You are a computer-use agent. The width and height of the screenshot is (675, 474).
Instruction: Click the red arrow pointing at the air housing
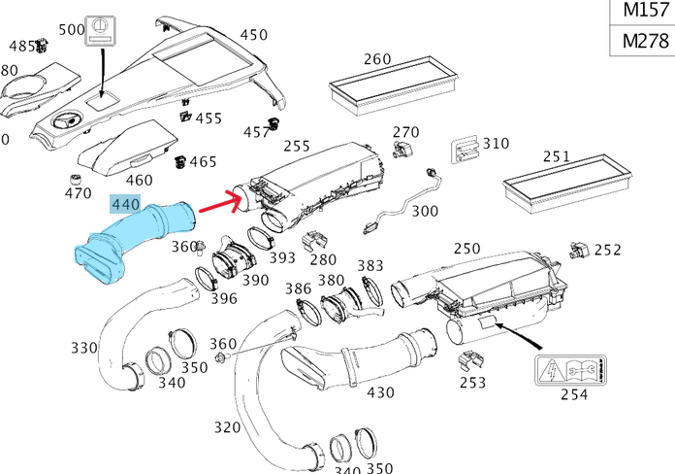point(219,203)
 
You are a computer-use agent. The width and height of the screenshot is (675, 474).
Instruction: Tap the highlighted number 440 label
point(125,204)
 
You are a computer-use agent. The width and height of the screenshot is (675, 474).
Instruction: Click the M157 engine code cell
point(645,11)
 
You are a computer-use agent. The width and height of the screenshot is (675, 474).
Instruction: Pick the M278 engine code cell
point(645,41)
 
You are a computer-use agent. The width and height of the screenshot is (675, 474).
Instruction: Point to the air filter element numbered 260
point(393,85)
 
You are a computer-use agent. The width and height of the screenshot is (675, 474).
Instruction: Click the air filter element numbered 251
point(567,184)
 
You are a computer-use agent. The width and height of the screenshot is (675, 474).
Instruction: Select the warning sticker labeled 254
point(570,370)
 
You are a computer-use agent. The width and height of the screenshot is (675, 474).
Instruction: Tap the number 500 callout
point(72,30)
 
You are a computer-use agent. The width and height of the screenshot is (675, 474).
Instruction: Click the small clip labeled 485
point(42,45)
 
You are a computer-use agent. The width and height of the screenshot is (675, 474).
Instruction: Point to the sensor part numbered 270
point(402,150)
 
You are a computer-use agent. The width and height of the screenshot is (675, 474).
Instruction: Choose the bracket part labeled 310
point(465,150)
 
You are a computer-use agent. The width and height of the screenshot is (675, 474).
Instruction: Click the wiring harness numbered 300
point(402,200)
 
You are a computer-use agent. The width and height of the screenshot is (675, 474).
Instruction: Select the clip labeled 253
point(471,360)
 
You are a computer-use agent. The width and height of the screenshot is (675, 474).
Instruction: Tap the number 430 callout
point(380,392)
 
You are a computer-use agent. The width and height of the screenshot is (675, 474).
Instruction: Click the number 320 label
point(227,427)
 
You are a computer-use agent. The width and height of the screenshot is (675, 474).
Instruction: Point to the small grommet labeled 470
point(76,180)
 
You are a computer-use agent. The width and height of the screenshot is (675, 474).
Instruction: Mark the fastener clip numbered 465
point(180,162)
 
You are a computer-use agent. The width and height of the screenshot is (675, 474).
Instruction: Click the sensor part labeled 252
point(580,251)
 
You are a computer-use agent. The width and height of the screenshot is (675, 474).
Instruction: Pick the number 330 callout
point(84,348)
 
